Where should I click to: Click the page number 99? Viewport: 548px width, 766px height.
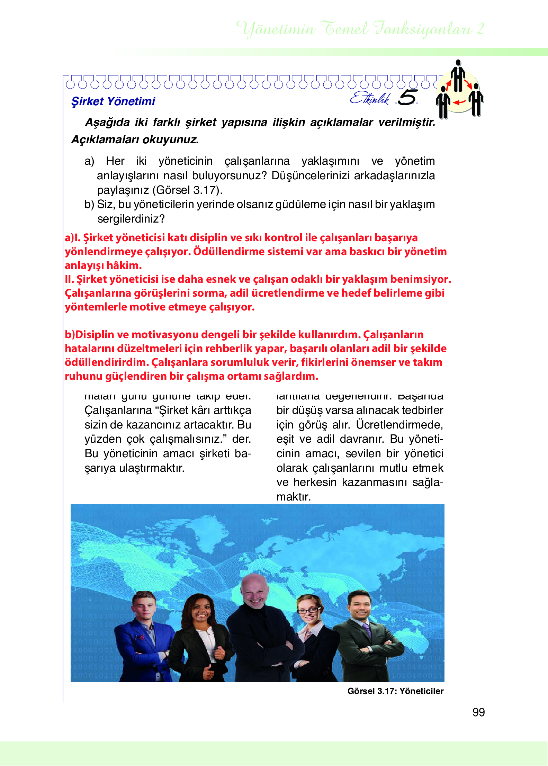pos(478,712)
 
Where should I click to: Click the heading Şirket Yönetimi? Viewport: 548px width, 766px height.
pos(113,101)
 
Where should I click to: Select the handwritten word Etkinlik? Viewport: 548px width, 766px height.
pos(370,98)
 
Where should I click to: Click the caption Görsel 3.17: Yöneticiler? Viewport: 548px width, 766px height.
pos(395,691)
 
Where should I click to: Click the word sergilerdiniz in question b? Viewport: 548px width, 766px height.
pos(131,219)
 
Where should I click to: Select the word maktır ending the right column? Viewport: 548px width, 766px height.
pos(294,497)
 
